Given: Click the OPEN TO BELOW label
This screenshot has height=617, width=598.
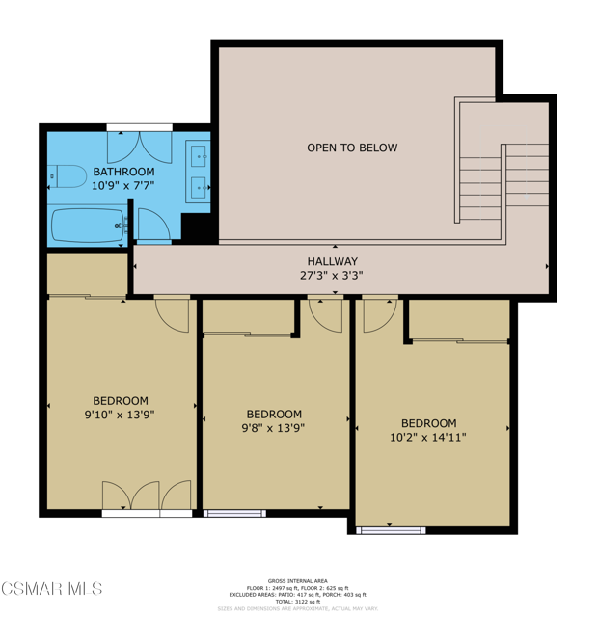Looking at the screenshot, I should coord(351,148).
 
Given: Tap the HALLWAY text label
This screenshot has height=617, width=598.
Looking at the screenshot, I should coord(332,261).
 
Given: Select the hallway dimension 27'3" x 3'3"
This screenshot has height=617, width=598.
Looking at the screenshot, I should coord(332,275).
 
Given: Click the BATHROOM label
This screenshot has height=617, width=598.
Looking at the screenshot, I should coord(123,172).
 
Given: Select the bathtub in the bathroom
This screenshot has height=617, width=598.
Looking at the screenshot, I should coord(88,226).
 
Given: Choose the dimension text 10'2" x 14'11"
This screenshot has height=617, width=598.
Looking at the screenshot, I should coord(428,437).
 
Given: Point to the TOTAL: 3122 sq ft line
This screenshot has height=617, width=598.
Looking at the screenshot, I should coord(298,601).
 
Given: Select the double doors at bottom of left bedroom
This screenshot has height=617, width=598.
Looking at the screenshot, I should coord(147,496).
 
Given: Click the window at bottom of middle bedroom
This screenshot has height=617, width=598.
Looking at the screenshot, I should coord(235,513).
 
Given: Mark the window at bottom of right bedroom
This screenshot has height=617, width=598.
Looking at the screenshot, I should coord(391,530).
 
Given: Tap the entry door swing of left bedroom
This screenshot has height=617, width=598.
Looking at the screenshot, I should coord(173,312).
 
